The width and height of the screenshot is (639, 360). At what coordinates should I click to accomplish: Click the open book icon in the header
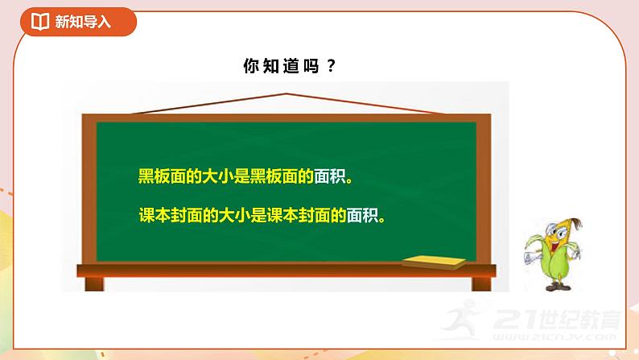39,23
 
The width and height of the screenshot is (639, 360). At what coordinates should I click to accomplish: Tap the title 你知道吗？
288,68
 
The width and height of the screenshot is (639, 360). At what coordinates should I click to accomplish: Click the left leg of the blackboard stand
88,283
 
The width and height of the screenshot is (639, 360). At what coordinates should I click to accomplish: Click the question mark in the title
331,68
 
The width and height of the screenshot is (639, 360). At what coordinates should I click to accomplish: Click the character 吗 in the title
310,68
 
